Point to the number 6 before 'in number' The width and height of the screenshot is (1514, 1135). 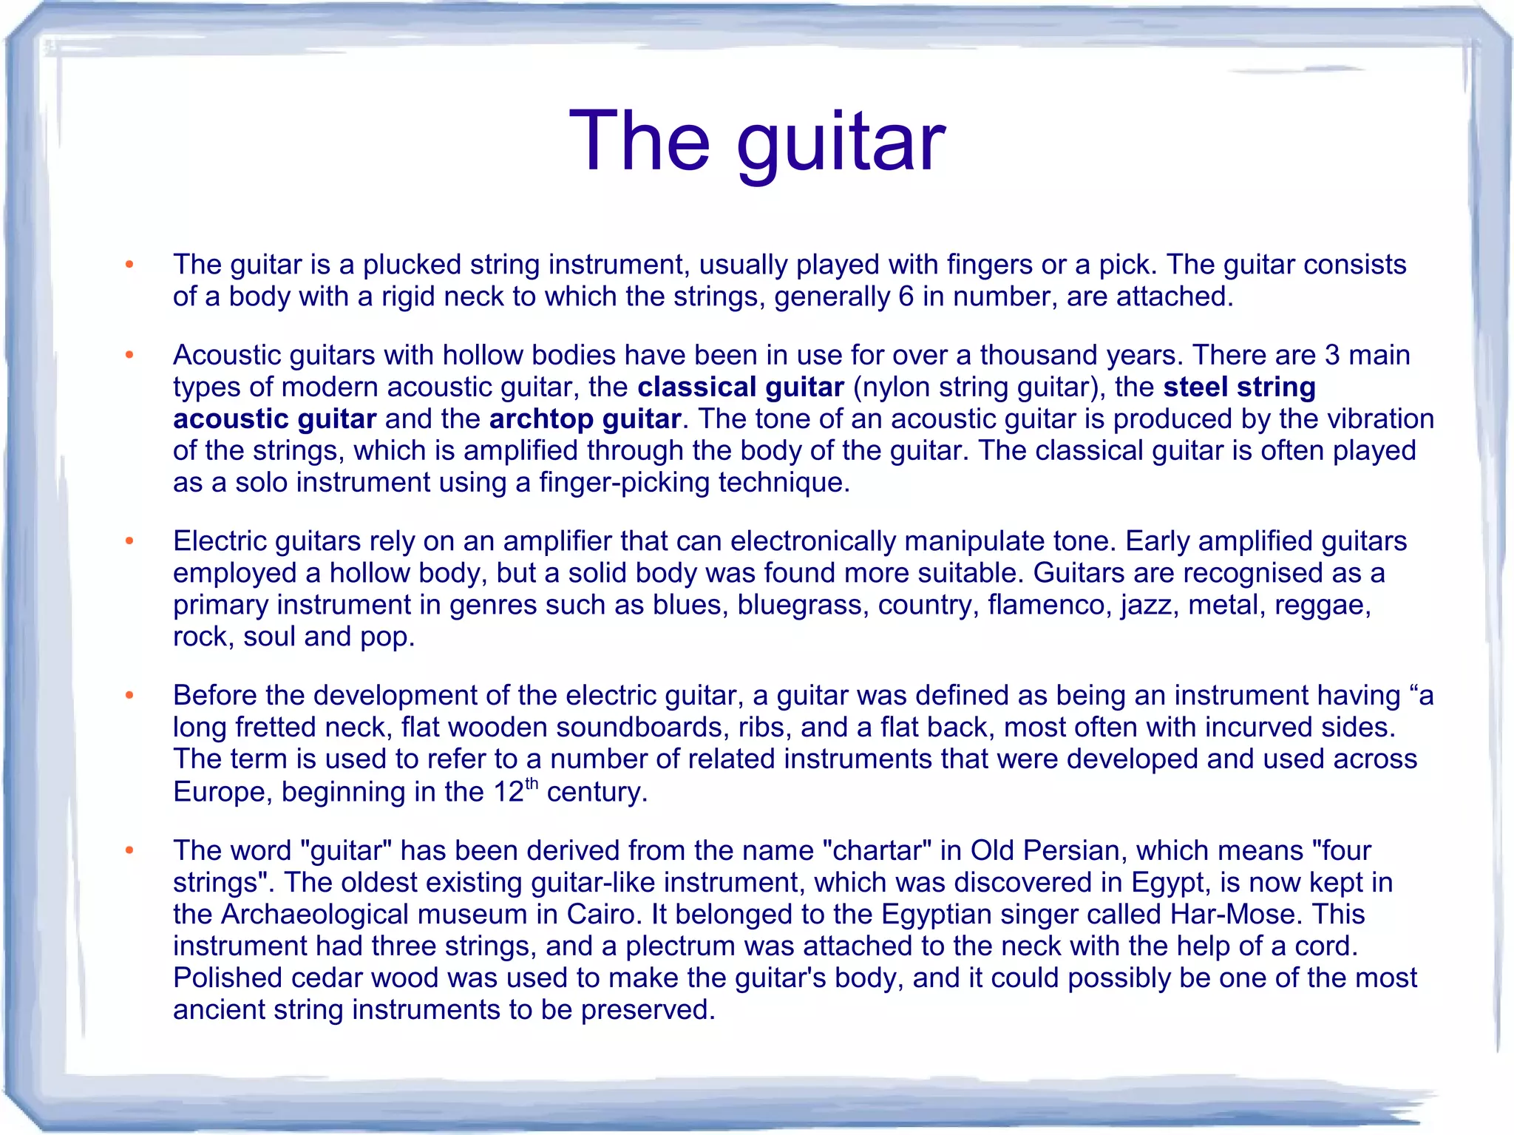[x=906, y=297]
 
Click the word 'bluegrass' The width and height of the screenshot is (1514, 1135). [x=803, y=605]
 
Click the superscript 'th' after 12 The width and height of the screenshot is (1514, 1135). [x=532, y=784]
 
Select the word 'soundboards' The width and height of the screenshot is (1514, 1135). [x=639, y=728]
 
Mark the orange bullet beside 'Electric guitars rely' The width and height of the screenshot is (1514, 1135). [x=129, y=542]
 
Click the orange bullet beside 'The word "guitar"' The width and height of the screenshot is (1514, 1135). [x=129, y=851]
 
